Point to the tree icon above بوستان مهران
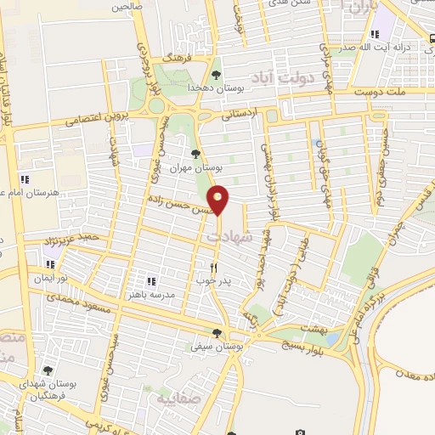pyautogui.click(x=196, y=154)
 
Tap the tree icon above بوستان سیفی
pyautogui.click(x=217, y=333)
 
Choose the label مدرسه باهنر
pyautogui.click(x=152, y=294)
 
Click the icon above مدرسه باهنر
pyautogui.click(x=152, y=280)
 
